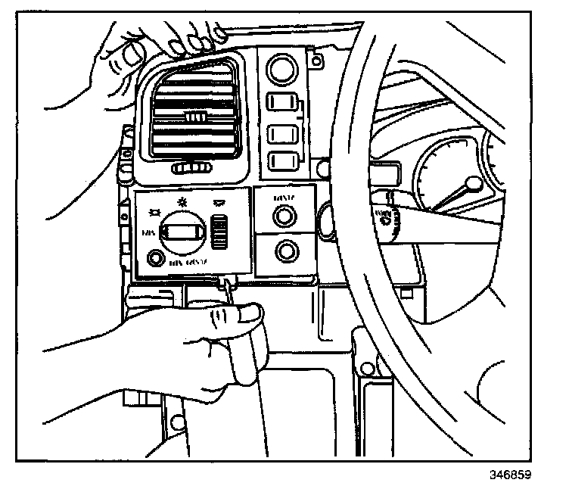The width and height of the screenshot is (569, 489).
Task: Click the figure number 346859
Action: [x=511, y=477]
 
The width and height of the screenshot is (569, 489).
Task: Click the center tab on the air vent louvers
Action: [x=195, y=115]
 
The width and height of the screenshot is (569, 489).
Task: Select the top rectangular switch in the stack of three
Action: [x=282, y=104]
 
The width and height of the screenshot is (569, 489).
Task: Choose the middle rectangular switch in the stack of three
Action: [x=282, y=134]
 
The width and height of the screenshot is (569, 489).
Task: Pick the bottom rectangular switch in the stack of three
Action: [x=282, y=161]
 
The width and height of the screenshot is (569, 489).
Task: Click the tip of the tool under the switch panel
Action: [x=225, y=281]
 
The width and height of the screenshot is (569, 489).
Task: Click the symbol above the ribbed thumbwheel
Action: [x=219, y=203]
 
